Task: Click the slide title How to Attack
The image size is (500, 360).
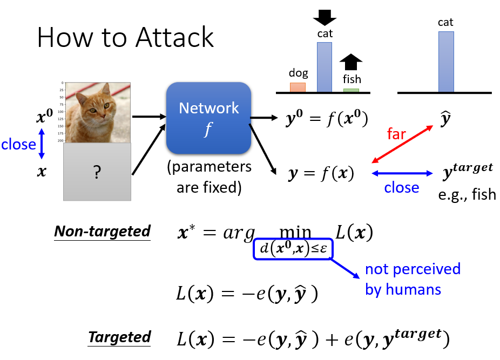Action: click(x=125, y=38)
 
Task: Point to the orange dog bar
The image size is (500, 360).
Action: click(x=298, y=87)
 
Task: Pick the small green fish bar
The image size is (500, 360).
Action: click(x=351, y=90)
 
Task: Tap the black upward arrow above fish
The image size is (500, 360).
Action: click(x=352, y=62)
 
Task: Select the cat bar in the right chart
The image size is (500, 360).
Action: click(x=445, y=62)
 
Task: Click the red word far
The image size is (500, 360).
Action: click(x=396, y=134)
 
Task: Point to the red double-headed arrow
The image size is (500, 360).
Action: click(x=402, y=144)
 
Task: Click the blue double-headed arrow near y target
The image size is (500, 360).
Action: click(x=402, y=173)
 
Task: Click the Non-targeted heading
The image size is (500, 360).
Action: click(x=102, y=232)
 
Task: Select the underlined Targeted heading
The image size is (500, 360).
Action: click(x=119, y=337)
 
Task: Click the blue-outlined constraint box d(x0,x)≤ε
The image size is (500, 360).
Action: click(x=293, y=249)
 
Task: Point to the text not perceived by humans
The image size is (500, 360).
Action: click(x=413, y=279)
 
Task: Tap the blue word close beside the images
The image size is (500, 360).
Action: click(x=18, y=144)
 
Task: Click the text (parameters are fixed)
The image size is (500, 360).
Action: click(x=208, y=178)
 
